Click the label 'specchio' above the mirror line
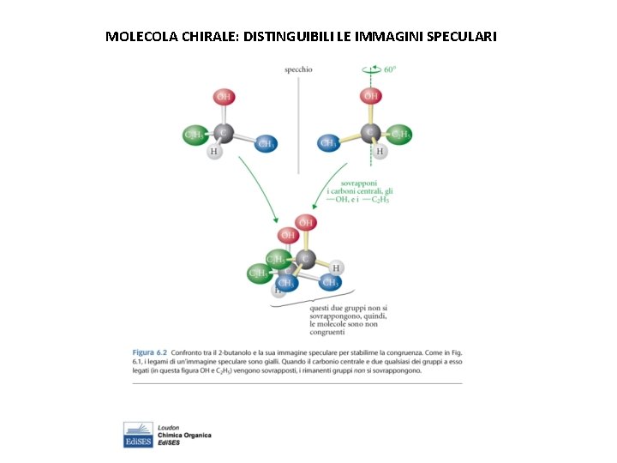298,69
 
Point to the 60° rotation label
389,69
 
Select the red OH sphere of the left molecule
223,97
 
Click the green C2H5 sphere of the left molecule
195,135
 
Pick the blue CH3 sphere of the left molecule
266,144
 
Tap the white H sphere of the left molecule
213,153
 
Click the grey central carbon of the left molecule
223,133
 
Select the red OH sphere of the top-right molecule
371,96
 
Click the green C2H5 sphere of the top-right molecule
399,135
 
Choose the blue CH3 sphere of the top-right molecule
328,143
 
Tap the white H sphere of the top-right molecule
380,152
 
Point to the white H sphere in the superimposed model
337,267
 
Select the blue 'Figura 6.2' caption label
149,352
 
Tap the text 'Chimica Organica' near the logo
184,435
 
